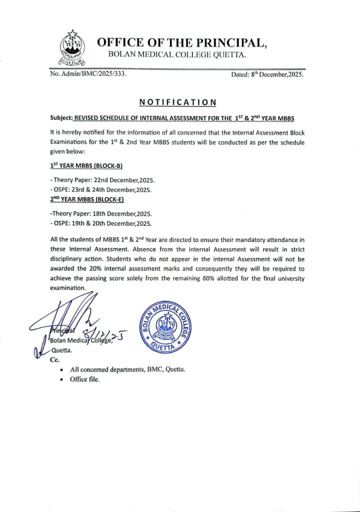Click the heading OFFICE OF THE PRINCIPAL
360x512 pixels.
pos(181,42)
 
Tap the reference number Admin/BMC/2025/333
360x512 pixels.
pos(87,74)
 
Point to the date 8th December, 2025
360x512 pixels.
pos(267,74)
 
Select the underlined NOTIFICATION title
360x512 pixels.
pos(177,102)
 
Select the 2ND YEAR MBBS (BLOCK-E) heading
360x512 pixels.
pos(87,199)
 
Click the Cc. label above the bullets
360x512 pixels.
pos(55,359)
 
